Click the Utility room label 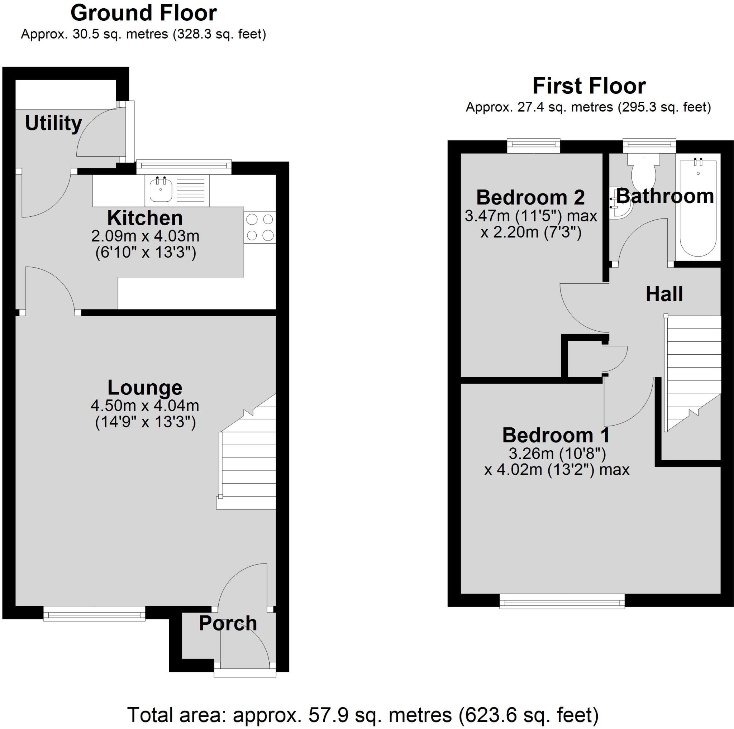53,123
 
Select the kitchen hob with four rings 260,227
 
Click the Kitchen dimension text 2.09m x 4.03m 145,236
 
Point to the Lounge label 145,387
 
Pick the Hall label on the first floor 664,294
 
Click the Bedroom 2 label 530,197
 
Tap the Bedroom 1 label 556,435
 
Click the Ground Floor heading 144,13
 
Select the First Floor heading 589,86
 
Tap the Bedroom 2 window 534,145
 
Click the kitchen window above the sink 184,166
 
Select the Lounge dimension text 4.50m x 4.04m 145,406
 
